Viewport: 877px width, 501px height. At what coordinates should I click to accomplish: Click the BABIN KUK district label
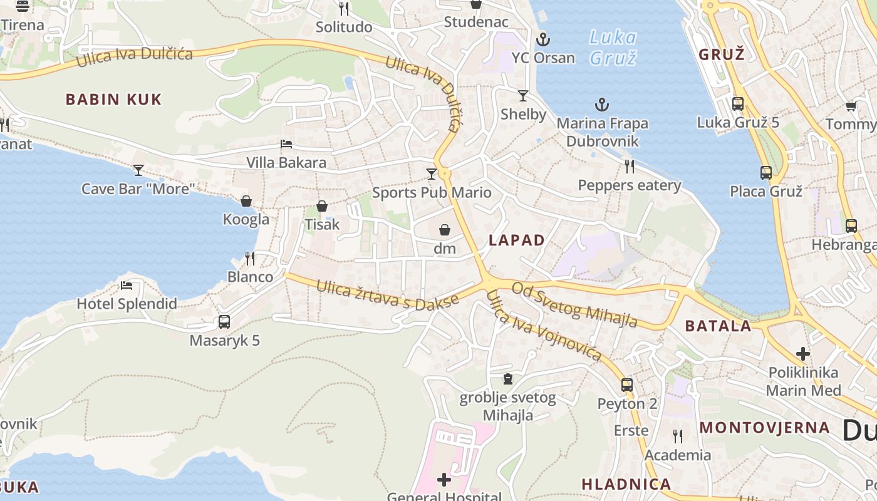[x=113, y=99]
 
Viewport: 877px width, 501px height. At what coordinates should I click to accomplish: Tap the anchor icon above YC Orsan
[x=542, y=40]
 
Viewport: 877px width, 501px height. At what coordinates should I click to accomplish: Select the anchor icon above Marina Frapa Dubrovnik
[x=602, y=105]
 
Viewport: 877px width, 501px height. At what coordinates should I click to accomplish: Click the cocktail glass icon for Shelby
[x=523, y=96]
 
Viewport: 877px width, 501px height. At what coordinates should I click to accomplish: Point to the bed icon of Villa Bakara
[x=286, y=144]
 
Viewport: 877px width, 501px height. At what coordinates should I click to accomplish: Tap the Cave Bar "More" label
[x=139, y=189]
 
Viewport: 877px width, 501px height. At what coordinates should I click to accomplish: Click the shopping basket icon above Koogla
[x=246, y=201]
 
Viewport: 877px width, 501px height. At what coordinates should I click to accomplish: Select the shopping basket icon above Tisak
[x=322, y=206]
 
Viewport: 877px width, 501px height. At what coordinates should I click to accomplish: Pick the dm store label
[x=445, y=249]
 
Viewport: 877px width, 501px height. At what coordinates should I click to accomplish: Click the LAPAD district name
[x=517, y=240]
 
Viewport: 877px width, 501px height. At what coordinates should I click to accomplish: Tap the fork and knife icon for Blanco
[x=250, y=258]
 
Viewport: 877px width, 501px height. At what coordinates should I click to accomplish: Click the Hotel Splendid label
[x=127, y=304]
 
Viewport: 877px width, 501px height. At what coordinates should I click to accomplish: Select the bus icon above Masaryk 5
[x=224, y=322]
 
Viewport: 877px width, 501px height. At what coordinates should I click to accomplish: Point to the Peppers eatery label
[x=629, y=185]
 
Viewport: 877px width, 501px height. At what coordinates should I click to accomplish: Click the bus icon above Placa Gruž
[x=766, y=173]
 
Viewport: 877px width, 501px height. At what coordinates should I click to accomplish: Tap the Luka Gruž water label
[x=613, y=48]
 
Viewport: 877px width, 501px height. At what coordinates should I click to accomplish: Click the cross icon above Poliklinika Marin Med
[x=803, y=353]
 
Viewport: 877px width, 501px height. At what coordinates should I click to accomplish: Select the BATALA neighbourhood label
[x=718, y=326]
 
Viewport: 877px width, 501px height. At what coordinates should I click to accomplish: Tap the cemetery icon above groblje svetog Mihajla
[x=508, y=379]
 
